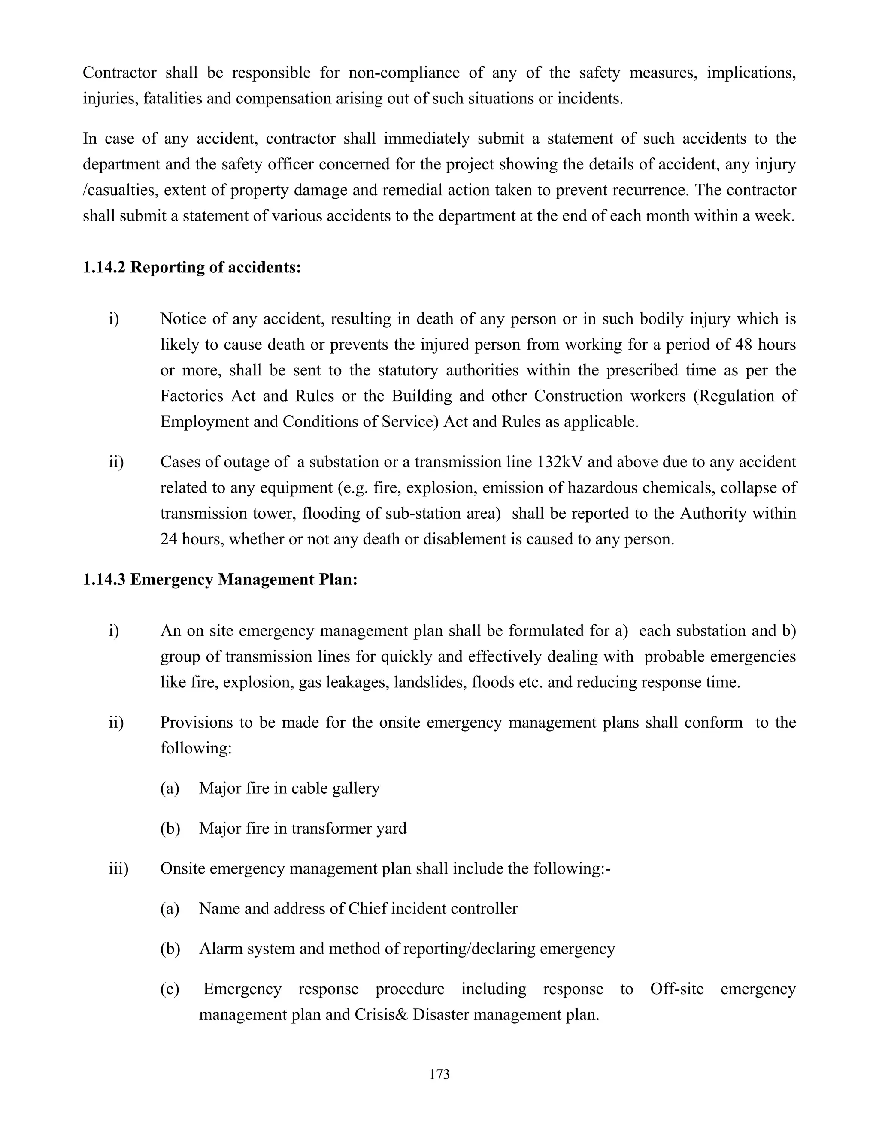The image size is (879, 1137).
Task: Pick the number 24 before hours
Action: (x=169, y=539)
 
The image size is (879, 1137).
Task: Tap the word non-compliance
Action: (x=403, y=73)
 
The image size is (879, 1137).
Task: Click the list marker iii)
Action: (x=118, y=868)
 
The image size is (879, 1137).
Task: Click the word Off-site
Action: (x=676, y=989)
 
